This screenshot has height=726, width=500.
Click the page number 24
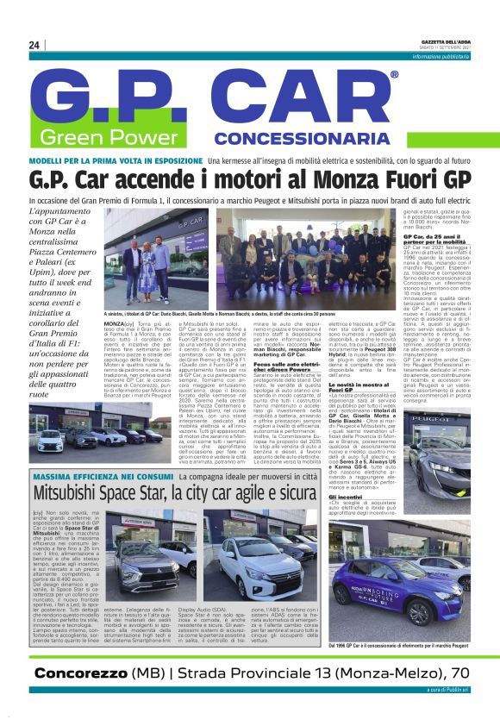(x=34, y=46)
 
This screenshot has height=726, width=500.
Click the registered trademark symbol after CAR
(x=394, y=76)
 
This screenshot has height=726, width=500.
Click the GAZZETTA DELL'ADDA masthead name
(x=447, y=41)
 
